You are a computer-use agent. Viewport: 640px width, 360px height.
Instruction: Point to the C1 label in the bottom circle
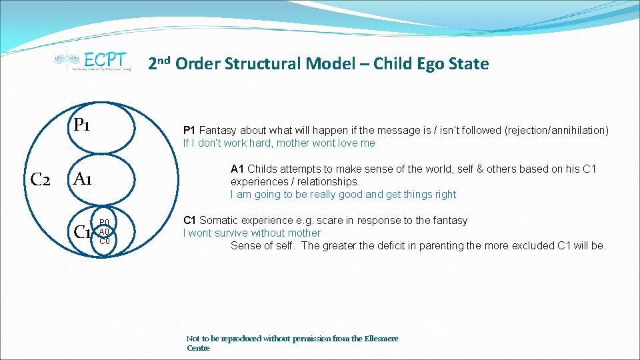point(83,232)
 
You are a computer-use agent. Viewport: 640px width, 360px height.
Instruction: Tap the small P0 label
point(105,223)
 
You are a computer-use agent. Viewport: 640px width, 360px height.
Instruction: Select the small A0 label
point(104,231)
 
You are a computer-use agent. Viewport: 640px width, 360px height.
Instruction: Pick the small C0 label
point(105,241)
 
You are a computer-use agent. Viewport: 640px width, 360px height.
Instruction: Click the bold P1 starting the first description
point(189,131)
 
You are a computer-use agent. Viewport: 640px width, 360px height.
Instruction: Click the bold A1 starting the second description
point(237,169)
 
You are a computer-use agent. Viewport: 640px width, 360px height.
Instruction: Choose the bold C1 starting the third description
point(190,221)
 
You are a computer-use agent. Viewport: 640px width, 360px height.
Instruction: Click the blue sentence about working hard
point(279,143)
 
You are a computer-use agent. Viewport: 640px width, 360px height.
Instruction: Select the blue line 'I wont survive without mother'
point(252,233)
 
